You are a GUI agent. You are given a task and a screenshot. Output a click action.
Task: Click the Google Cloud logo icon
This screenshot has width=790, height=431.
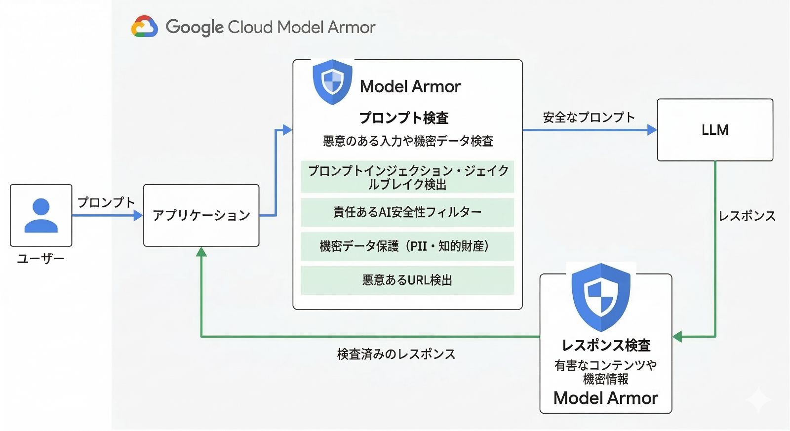(144, 27)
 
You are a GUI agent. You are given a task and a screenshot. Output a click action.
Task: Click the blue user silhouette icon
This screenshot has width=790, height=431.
(41, 215)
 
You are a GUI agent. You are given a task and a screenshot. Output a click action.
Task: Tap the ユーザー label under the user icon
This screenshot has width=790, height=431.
(41, 259)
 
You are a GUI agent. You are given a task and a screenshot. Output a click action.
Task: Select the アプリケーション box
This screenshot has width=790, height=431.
(201, 215)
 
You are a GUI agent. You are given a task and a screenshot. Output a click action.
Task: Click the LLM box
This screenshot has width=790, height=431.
(714, 130)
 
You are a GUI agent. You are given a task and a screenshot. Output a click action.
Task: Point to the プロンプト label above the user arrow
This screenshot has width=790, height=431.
(106, 202)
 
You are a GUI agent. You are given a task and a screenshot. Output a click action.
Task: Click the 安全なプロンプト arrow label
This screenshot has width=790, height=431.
(589, 118)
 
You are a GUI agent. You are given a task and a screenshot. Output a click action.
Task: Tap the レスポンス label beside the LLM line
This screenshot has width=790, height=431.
(747, 216)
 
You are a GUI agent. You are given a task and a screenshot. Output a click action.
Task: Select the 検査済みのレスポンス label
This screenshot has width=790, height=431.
(396, 354)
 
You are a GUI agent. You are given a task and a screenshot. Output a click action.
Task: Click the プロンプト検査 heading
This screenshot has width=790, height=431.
(404, 118)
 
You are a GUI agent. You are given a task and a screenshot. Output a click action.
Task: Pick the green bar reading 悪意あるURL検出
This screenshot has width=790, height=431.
(407, 280)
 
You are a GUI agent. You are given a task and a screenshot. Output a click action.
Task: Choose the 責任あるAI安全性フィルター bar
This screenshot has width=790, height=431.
(407, 212)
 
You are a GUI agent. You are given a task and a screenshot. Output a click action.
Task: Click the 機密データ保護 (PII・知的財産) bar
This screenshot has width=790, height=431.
(407, 246)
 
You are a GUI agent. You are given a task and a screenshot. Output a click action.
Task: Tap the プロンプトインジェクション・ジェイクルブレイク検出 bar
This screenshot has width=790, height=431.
(407, 177)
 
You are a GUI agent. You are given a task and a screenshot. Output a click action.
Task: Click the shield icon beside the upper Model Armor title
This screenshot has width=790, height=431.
(332, 81)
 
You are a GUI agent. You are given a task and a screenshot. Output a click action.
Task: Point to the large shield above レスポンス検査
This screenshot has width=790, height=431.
(600, 296)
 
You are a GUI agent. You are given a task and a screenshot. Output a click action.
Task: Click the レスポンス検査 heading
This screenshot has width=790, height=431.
(606, 345)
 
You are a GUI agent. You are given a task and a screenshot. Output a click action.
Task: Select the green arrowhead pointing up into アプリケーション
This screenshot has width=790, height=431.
(201, 252)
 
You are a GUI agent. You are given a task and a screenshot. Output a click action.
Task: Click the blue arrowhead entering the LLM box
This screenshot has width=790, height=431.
(652, 130)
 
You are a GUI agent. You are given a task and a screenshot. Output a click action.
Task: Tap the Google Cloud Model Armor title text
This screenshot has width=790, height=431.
(271, 27)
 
